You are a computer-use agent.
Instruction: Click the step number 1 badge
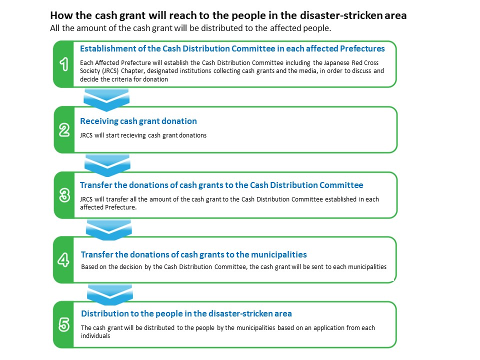(64, 64)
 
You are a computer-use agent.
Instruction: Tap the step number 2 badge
(64, 130)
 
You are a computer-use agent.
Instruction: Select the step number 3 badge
(64, 195)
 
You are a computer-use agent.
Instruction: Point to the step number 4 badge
(63, 260)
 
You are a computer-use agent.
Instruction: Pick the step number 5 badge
(64, 325)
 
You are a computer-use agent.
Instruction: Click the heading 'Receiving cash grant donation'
(138, 121)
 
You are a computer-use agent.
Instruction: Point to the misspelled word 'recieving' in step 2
(131, 135)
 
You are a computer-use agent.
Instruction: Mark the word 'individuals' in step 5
(95, 336)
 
